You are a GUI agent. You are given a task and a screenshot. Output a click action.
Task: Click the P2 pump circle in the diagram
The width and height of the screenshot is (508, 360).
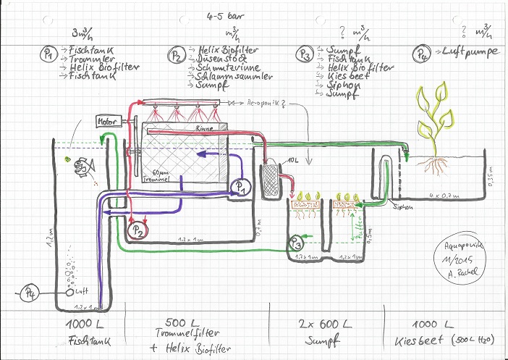tap(136, 230)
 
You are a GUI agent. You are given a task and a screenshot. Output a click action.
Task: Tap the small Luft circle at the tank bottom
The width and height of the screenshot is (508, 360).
tap(70, 293)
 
